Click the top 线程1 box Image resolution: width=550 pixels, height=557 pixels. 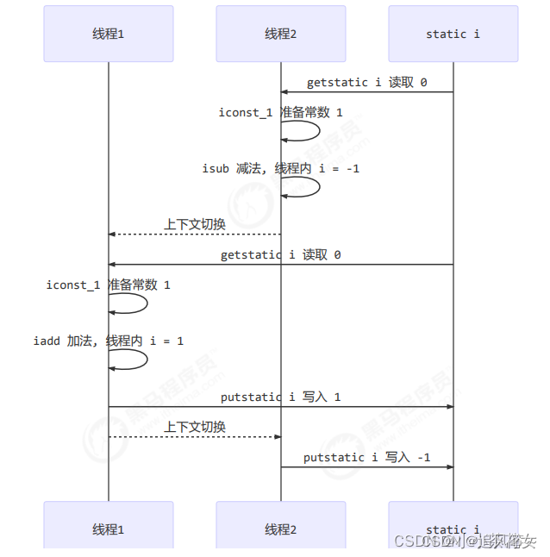click(x=109, y=34)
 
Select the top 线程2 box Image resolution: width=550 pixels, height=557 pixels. click(x=281, y=34)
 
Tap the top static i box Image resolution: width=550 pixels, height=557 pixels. click(x=453, y=34)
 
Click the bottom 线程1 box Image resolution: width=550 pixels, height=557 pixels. click(x=109, y=529)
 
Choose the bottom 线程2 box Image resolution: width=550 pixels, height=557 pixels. click(x=281, y=529)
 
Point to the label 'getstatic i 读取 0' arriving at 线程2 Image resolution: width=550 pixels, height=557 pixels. click(x=367, y=83)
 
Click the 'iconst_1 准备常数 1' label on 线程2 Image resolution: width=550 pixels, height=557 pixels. click(x=281, y=113)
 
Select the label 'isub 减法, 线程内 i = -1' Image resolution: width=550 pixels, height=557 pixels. click(x=281, y=169)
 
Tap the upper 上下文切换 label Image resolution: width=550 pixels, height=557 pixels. click(x=195, y=224)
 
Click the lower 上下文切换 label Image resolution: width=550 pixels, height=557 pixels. click(x=195, y=427)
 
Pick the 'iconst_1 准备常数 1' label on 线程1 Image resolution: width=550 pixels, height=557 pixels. click(x=109, y=285)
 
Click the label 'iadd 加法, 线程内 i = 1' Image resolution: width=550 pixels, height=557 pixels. click(x=109, y=341)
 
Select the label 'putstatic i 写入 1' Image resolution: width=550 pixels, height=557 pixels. click(x=281, y=397)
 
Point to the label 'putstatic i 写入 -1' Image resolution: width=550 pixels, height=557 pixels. click(x=367, y=457)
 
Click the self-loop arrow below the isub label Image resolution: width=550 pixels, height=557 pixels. click(x=301, y=187)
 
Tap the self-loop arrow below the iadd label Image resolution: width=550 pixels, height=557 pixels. click(x=128, y=360)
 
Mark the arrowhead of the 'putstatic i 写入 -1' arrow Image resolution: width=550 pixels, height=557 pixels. click(x=449, y=466)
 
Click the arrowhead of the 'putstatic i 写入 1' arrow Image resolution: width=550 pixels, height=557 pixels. click(x=449, y=406)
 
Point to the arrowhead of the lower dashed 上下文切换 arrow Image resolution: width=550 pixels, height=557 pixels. click(x=277, y=436)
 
